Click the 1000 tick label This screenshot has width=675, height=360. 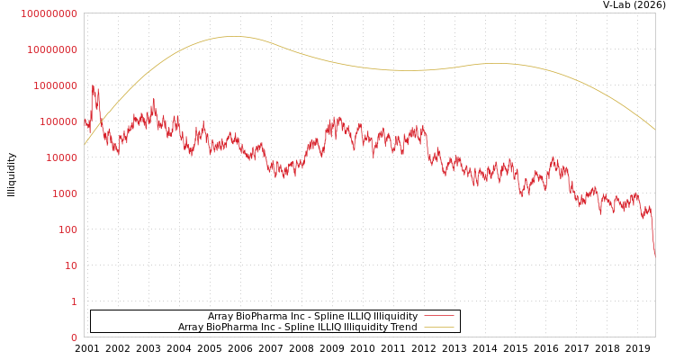click(x=62, y=193)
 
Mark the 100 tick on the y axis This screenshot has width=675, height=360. click(x=65, y=229)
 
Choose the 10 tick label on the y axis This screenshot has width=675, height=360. click(x=68, y=265)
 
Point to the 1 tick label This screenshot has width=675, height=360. click(x=74, y=301)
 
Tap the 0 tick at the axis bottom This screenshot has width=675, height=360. click(x=74, y=337)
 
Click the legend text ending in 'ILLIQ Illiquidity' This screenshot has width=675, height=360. click(x=312, y=317)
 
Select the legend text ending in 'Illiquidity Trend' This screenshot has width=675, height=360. click(x=297, y=328)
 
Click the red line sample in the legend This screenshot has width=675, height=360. click(x=438, y=317)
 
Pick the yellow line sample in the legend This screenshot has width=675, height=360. click(x=438, y=328)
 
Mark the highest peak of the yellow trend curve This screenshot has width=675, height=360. click(x=234, y=37)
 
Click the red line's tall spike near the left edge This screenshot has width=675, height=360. click(x=94, y=87)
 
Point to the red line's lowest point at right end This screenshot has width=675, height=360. click(x=654, y=255)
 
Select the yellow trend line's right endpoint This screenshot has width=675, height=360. click(x=654, y=130)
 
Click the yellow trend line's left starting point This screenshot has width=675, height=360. click(x=85, y=144)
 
